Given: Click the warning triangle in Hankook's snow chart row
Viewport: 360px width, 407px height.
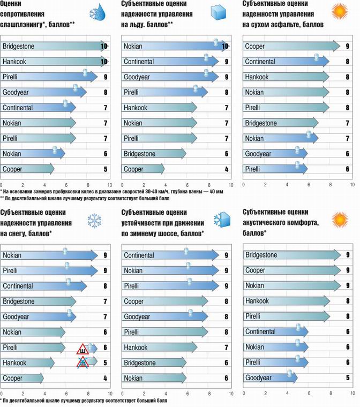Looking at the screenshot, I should click(x=84, y=363).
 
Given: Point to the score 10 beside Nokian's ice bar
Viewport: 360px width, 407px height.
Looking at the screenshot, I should click(x=226, y=47).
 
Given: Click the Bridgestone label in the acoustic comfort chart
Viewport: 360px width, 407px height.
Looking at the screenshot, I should click(x=261, y=255).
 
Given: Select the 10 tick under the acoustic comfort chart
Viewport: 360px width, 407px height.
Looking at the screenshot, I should click(x=351, y=394).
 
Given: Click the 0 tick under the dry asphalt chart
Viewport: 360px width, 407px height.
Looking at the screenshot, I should click(x=243, y=185).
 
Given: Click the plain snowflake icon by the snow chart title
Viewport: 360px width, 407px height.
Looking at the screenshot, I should click(x=95, y=220).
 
